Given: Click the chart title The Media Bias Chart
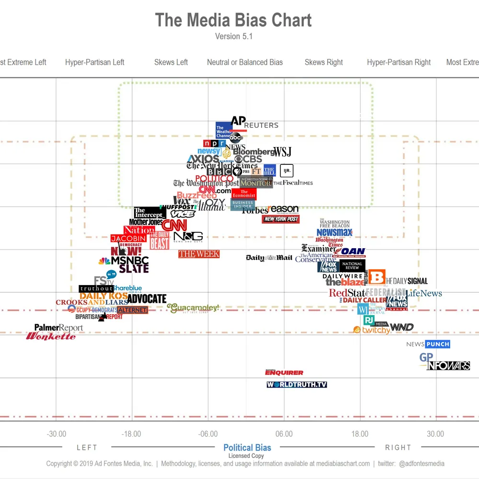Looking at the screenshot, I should point(233,20).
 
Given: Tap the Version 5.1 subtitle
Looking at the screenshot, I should point(233,36).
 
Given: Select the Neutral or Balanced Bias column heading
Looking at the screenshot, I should point(245,62).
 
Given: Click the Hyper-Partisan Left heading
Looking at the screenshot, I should point(95,62).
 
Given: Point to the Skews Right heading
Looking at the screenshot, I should point(324,62).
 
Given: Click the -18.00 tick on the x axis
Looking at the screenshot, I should point(131,434).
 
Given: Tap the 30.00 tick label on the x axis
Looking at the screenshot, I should point(435,434).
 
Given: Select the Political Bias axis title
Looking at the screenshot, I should point(247,448).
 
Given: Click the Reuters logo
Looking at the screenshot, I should point(261,125).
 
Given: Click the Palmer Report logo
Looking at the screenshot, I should point(58,328).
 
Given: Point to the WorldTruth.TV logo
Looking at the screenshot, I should point(297,384).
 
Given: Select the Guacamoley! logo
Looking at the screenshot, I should point(193,308).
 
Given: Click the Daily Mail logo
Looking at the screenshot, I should point(269,258).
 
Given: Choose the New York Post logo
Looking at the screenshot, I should point(281,219).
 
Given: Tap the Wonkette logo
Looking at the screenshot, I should point(51,336).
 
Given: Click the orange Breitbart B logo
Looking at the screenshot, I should point(377,277).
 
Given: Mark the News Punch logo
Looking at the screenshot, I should point(428,344).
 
